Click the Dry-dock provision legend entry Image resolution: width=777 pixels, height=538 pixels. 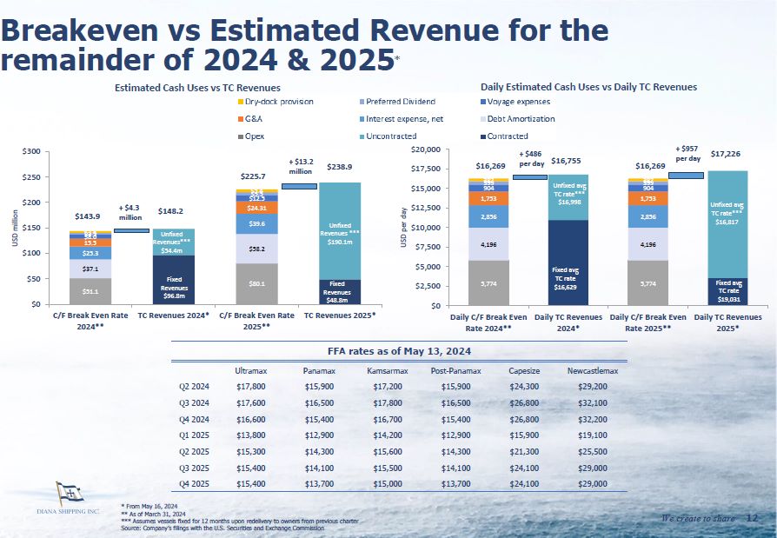point(279,102)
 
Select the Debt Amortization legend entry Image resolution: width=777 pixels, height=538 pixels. point(518,119)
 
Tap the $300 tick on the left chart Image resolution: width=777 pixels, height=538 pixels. point(30,151)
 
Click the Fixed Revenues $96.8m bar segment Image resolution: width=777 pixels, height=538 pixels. point(176,280)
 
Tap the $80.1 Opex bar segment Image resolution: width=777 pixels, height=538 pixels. point(257,283)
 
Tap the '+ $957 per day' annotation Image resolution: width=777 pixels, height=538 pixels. point(688,154)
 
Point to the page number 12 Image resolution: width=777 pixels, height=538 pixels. point(752,519)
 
